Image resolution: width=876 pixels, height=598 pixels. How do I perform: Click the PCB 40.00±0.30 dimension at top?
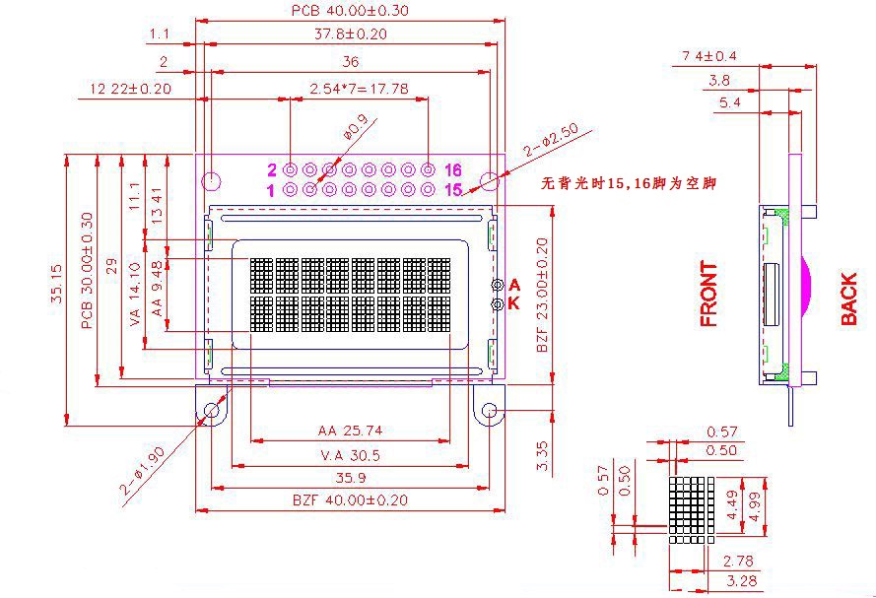pyautogui.click(x=350, y=11)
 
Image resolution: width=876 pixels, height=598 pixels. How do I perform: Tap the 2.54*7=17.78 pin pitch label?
pyautogui.click(x=359, y=89)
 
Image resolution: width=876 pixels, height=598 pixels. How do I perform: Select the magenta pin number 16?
pyautogui.click(x=453, y=169)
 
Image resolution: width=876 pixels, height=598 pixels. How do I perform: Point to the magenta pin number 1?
pyautogui.click(x=271, y=191)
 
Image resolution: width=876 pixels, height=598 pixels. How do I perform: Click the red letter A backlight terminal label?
pyautogui.click(x=514, y=286)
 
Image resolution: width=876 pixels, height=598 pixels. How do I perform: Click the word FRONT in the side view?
pyautogui.click(x=708, y=294)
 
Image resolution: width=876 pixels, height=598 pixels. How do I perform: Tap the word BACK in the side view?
pyautogui.click(x=848, y=299)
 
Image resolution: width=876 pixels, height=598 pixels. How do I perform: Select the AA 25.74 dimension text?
pyautogui.click(x=350, y=431)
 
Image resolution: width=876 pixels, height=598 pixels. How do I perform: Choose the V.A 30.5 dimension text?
pyautogui.click(x=350, y=455)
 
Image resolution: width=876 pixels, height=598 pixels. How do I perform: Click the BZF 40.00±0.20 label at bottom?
pyautogui.click(x=350, y=500)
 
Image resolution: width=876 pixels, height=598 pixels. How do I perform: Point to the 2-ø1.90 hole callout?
pyautogui.click(x=142, y=471)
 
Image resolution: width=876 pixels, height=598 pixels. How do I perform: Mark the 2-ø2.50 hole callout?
pyautogui.click(x=550, y=140)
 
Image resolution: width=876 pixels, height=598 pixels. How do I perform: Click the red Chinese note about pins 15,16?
pyautogui.click(x=628, y=183)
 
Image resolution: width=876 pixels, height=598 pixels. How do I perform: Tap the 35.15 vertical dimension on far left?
pyautogui.click(x=57, y=283)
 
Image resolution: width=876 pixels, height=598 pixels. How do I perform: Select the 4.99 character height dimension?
pyautogui.click(x=755, y=506)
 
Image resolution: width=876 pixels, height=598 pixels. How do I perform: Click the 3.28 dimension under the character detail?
pyautogui.click(x=742, y=580)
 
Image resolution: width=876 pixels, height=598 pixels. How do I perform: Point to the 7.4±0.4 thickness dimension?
pyautogui.click(x=708, y=56)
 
